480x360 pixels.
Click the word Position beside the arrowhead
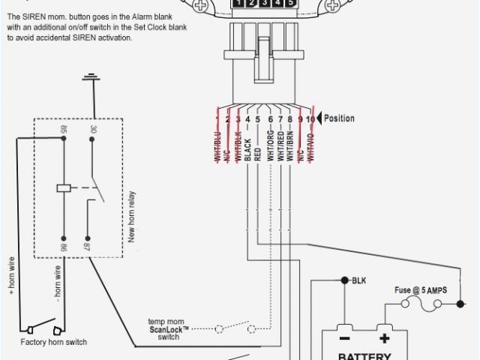(x=340, y=118)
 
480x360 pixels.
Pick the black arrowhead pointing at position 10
(x=319, y=118)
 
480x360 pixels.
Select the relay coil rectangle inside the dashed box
(x=64, y=187)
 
